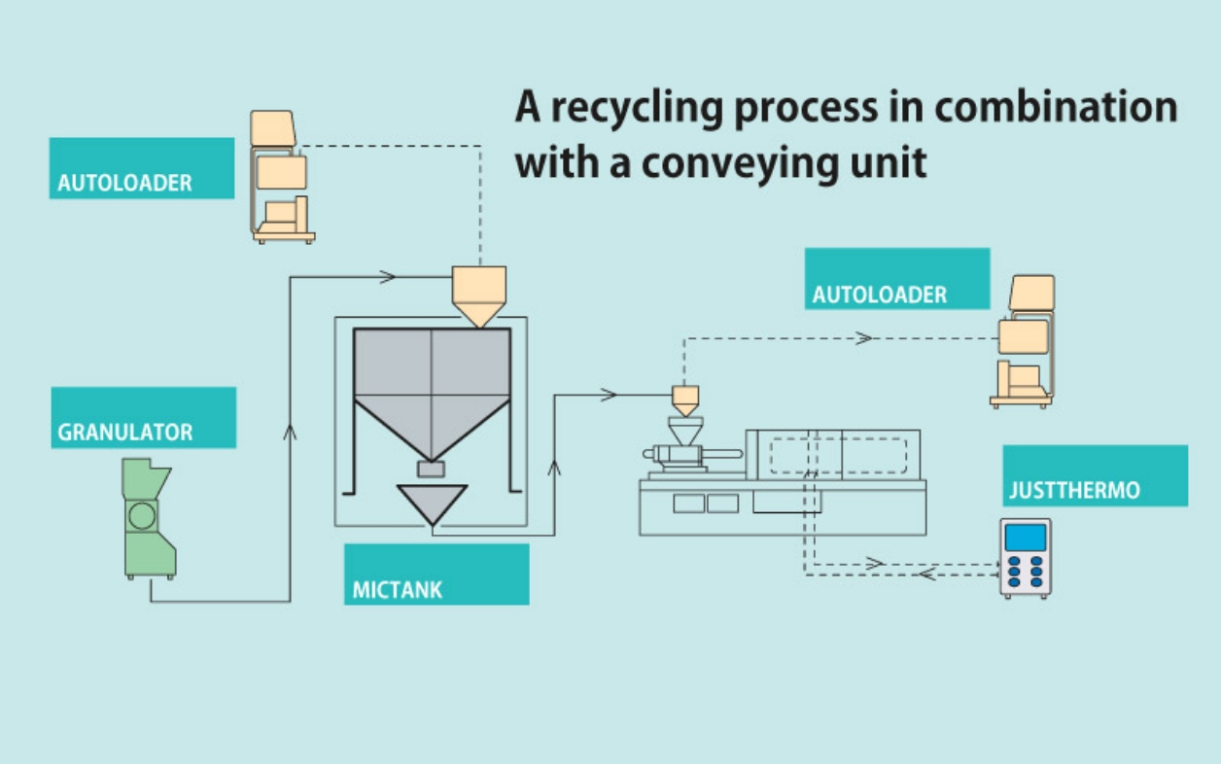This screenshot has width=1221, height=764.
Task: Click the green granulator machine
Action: [x=149, y=518]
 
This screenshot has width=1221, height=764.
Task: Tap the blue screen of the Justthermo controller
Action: [x=1026, y=537]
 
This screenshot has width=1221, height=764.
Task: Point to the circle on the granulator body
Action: [x=142, y=515]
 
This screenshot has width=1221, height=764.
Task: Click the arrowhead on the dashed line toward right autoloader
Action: [x=863, y=338]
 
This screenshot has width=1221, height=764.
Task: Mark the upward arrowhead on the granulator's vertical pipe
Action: [x=290, y=431]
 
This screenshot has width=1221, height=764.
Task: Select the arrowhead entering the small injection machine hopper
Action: [x=610, y=395]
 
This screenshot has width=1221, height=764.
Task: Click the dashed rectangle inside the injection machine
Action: [x=839, y=456]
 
